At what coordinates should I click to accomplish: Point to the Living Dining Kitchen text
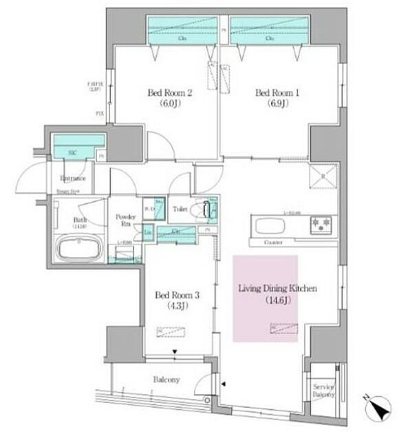coord(277,289)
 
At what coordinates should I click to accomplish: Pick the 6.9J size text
coord(270,105)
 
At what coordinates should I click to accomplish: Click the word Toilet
coord(180,208)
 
